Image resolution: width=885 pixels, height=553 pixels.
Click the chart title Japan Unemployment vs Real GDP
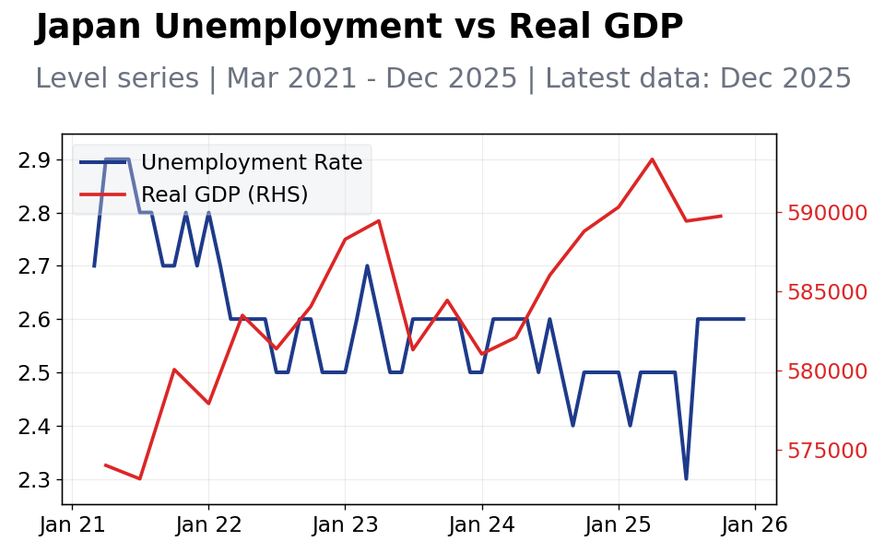360,28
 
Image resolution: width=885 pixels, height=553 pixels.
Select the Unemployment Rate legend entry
251,163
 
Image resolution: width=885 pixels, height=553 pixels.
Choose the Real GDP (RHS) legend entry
224,194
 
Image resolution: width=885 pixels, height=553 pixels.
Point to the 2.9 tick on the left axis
34,160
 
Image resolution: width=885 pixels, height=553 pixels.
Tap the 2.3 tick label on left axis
34,480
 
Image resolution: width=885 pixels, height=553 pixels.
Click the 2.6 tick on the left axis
34,320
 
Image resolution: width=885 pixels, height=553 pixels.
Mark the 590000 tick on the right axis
827,213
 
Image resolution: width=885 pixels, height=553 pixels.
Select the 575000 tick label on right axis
827,451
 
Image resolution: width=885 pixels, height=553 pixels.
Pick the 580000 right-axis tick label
827,371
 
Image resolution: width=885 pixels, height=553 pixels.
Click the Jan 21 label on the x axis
73,525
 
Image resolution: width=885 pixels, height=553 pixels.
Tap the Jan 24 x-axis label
482,525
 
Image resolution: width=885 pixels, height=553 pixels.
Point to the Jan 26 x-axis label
755,525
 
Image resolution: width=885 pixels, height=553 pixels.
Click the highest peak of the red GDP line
652,159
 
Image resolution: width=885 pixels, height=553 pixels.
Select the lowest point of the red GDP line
139,478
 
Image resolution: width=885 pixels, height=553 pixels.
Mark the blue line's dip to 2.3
686,478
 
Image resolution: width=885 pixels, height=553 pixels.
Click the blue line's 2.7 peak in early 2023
367,265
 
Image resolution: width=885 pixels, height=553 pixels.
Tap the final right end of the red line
721,216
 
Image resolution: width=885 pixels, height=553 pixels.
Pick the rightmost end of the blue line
744,319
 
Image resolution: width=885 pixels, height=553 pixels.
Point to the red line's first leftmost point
105,465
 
